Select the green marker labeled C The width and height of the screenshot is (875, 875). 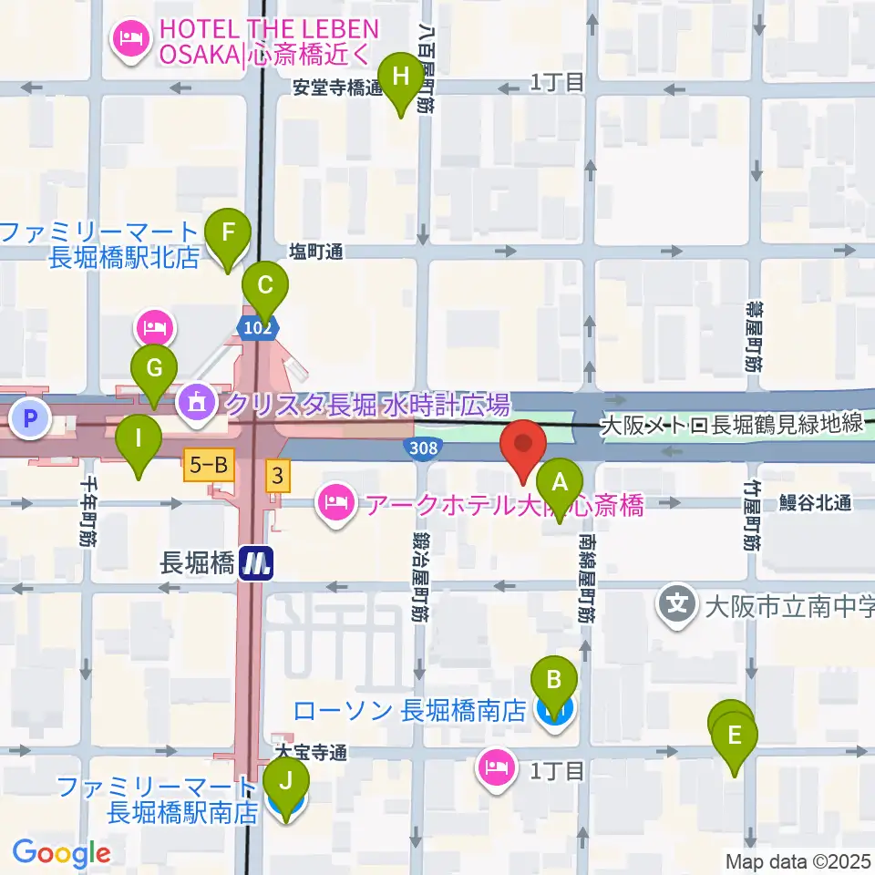coord(264,284)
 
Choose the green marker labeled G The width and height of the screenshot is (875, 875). coord(154,369)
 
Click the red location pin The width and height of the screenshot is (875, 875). coord(523,445)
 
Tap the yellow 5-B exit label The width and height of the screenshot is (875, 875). coord(210,466)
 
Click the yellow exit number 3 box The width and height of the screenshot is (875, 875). coord(274,473)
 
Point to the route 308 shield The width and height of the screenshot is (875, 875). coord(423,448)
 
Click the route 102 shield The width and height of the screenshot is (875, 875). coord(257,326)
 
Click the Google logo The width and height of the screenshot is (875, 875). coord(61,853)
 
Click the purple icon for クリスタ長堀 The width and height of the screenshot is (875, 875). coord(195,399)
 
